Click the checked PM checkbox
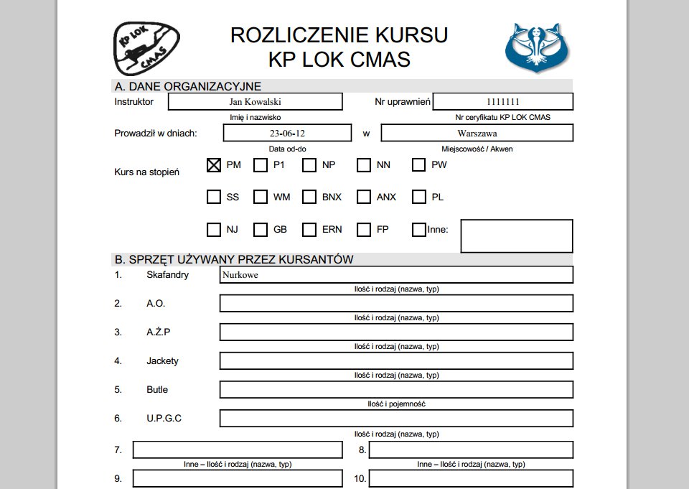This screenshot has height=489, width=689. (213, 165)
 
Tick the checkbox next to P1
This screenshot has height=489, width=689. (261, 165)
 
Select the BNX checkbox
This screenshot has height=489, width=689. (309, 197)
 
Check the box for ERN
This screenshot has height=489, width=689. (309, 230)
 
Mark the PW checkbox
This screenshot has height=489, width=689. (419, 165)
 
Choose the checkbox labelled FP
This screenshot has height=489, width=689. (364, 230)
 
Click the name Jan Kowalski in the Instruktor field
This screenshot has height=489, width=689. (255, 102)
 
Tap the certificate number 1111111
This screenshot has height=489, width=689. (503, 102)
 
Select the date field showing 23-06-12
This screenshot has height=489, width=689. (287, 134)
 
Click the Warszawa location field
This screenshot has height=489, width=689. (477, 134)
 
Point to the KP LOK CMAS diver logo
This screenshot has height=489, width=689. (146, 47)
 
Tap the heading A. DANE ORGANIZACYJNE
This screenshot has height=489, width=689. (188, 86)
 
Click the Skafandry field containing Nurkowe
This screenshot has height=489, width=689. (396, 275)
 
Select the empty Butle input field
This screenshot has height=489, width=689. (396, 390)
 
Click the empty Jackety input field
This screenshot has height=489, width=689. (396, 361)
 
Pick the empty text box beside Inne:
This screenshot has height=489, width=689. (517, 236)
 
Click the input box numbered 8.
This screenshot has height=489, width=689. (472, 450)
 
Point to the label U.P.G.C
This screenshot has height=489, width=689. (164, 418)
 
